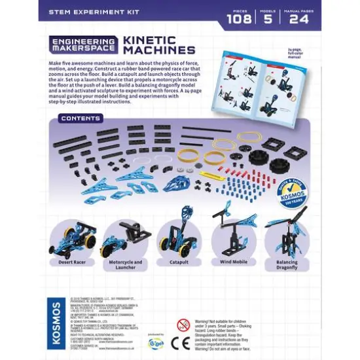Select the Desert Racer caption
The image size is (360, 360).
[x=72, y=261]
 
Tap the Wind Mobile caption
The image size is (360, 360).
[x=229, y=262]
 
